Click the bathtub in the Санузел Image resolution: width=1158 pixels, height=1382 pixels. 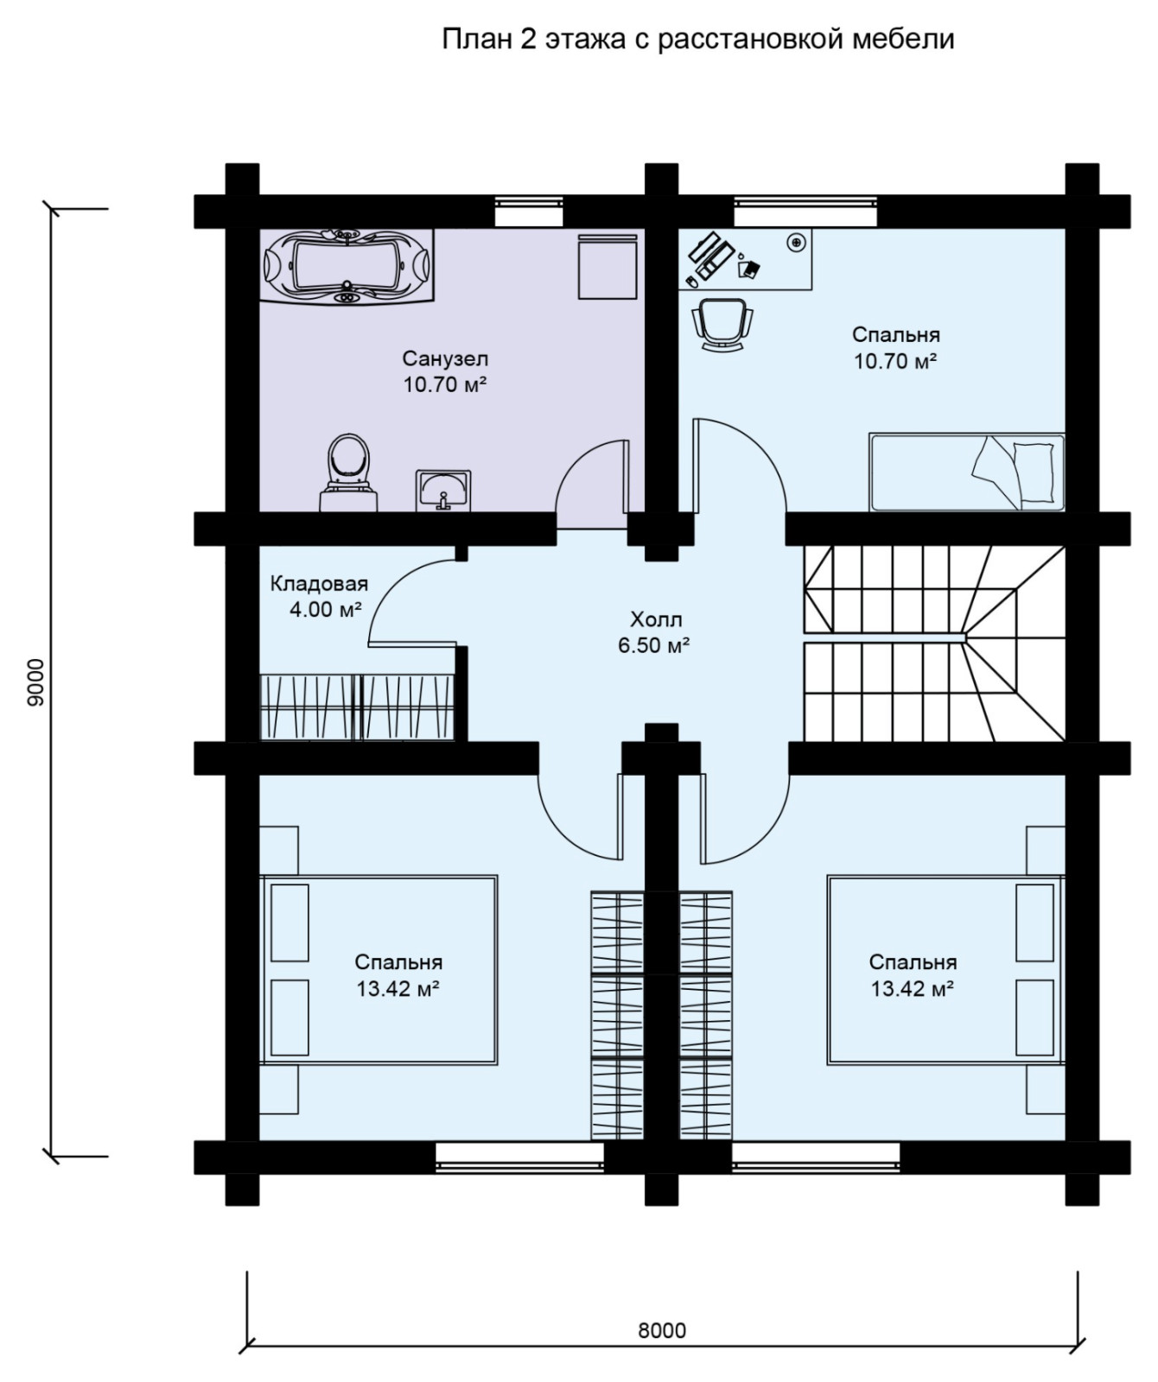(x=347, y=266)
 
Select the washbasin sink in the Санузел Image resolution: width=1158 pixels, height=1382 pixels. (x=443, y=491)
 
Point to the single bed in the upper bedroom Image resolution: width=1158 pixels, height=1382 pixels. (x=966, y=472)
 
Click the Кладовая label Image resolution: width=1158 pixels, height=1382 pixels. (x=319, y=584)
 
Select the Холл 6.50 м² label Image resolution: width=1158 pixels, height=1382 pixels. (x=654, y=632)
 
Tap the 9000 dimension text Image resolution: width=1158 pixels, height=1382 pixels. (x=35, y=682)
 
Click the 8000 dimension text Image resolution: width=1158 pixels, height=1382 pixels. (x=662, y=1329)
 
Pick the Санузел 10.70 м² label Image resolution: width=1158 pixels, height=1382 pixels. (x=445, y=371)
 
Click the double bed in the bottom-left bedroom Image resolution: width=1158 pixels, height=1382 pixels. (x=379, y=970)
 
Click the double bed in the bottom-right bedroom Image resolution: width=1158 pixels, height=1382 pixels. (x=945, y=970)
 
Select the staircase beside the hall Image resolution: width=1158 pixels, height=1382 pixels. (x=934, y=643)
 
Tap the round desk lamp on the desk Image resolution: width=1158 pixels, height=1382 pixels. (x=797, y=242)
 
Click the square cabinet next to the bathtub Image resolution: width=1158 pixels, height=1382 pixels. (x=608, y=266)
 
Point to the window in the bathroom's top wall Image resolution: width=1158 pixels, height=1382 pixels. (x=529, y=204)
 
